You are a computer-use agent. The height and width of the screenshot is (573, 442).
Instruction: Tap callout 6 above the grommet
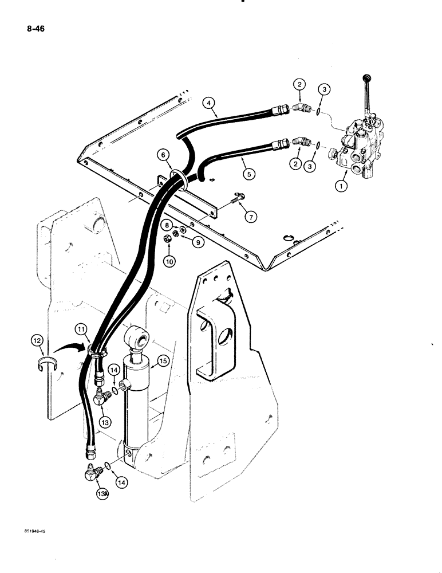164,155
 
